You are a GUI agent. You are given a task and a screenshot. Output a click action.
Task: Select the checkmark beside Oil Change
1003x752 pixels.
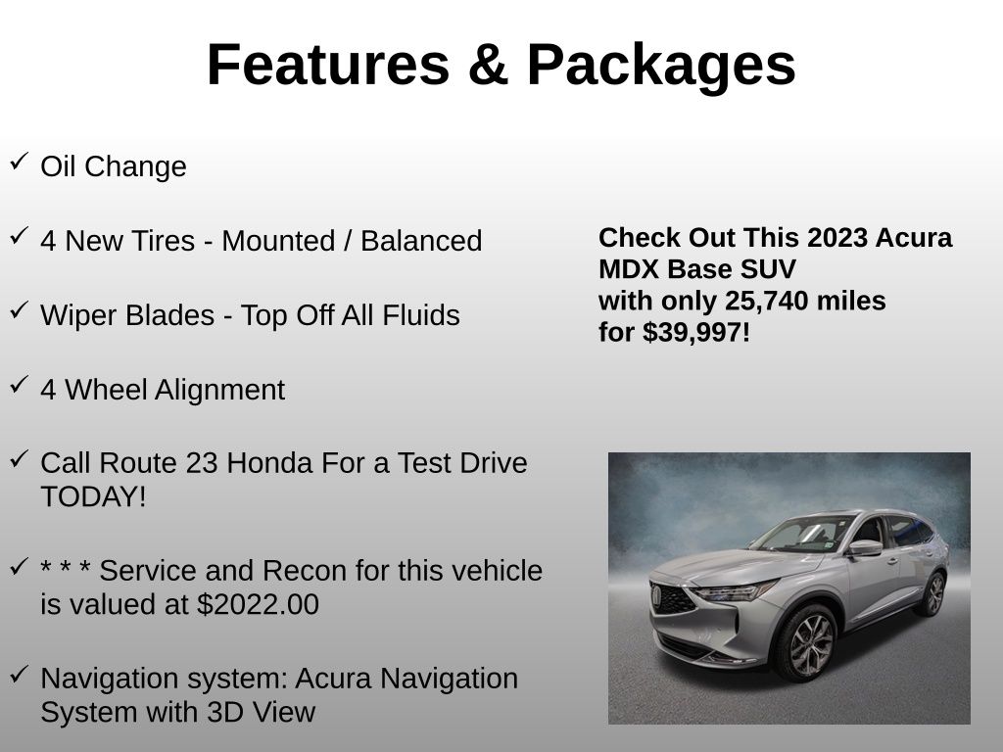click(x=19, y=162)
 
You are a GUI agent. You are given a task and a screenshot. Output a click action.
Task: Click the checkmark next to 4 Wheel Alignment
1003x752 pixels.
click(x=19, y=385)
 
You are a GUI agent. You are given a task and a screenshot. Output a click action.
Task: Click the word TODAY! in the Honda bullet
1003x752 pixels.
click(x=93, y=496)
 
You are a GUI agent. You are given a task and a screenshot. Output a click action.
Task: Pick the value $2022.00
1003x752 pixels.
click(x=258, y=604)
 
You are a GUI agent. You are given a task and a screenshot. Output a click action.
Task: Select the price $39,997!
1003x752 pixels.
click(x=696, y=332)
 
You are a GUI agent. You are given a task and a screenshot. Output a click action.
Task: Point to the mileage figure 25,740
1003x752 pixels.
click(x=765, y=301)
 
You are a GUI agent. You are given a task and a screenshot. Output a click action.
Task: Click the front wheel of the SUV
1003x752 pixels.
click(x=806, y=643)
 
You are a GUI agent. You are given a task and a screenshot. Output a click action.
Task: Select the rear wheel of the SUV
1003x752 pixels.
click(x=931, y=594)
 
